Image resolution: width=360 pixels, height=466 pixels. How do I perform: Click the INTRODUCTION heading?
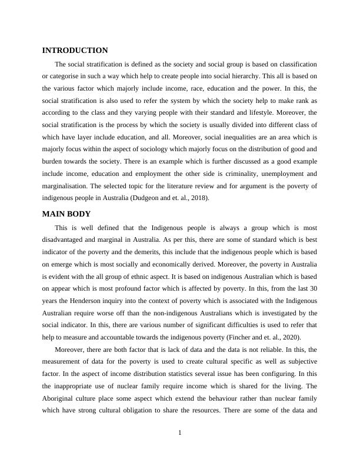pyautogui.click(x=75, y=51)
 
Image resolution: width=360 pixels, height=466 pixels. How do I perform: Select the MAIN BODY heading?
pyautogui.click(x=66, y=214)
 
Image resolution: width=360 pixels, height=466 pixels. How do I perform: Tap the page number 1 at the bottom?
pyautogui.click(x=180, y=433)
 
